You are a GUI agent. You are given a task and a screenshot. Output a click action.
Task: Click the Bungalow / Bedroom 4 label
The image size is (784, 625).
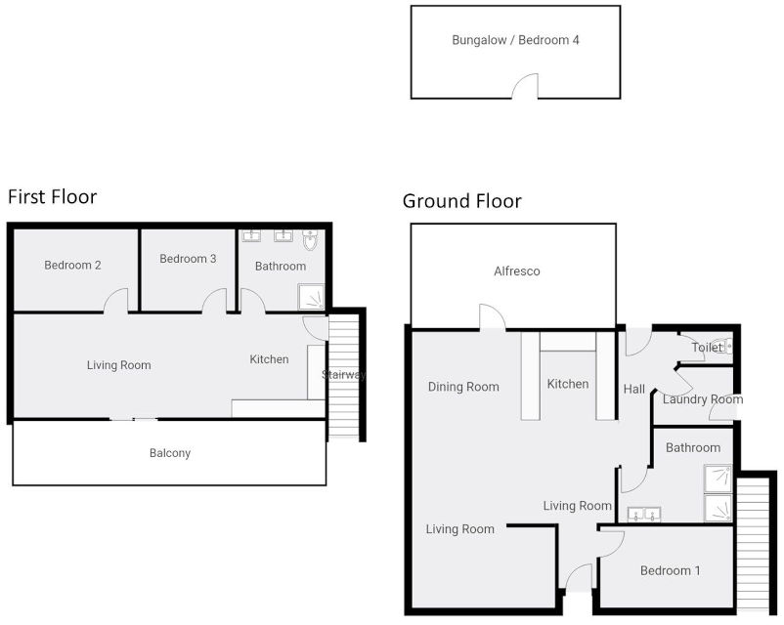tap(515, 41)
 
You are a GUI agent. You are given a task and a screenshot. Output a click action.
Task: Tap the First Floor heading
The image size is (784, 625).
tap(53, 197)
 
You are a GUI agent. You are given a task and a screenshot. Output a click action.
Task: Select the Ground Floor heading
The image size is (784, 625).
tap(461, 202)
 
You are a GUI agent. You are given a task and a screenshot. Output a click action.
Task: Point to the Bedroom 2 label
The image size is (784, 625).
tap(72, 266)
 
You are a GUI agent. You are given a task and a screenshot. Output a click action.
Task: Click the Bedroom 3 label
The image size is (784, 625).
tap(188, 259)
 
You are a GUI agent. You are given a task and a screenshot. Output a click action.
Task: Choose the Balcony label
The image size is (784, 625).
tap(169, 453)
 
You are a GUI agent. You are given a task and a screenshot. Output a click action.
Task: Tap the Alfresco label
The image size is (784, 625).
tap(516, 271)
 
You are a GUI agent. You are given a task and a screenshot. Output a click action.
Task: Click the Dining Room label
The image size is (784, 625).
tap(463, 387)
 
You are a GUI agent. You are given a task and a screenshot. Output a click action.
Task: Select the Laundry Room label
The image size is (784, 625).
tap(702, 399)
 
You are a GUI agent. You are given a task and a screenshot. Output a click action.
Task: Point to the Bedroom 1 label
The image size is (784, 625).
tap(670, 570)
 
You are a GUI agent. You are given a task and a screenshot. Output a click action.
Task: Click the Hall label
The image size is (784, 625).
tap(634, 390)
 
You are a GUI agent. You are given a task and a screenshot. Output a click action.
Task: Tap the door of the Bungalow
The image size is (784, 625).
tap(526, 88)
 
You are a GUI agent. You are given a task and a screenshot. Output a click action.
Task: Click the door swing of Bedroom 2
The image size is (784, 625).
tap(116, 301)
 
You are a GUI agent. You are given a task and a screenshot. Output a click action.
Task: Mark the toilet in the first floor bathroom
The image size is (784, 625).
tap(311, 238)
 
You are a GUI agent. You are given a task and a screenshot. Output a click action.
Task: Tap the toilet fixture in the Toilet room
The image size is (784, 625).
tap(721, 346)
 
